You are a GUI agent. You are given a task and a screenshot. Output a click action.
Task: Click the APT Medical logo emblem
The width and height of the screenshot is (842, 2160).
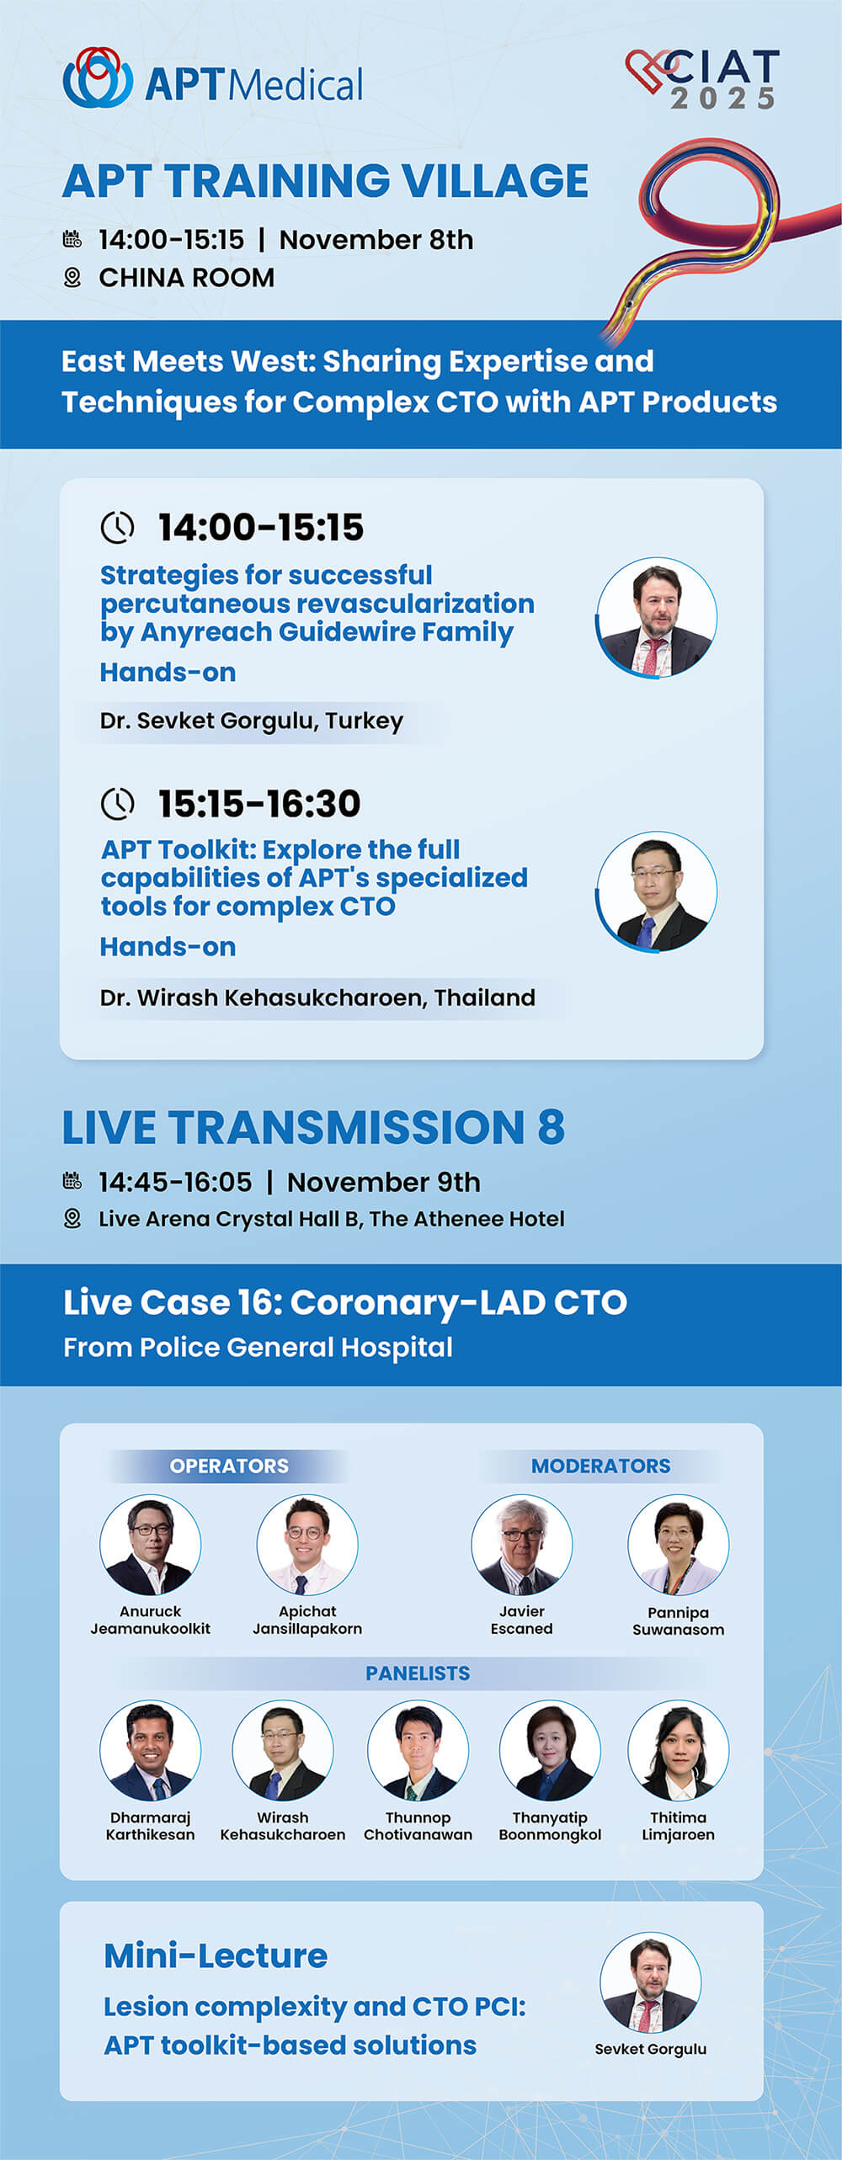pyautogui.click(x=98, y=77)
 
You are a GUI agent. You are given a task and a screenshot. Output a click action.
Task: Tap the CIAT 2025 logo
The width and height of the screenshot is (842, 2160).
pyautogui.click(x=703, y=79)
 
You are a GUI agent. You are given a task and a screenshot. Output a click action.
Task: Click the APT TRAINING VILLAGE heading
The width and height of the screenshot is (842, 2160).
pyautogui.click(x=325, y=181)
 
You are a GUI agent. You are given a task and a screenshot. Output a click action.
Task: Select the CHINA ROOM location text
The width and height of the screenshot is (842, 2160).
pyautogui.click(x=186, y=278)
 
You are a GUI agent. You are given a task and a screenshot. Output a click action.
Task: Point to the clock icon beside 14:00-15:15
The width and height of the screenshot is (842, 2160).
pyautogui.click(x=117, y=528)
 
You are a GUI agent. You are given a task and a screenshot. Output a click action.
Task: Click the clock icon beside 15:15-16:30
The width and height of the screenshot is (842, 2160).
pyautogui.click(x=117, y=804)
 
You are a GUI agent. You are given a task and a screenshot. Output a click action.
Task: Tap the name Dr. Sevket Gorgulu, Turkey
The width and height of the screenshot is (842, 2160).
pyautogui.click(x=251, y=721)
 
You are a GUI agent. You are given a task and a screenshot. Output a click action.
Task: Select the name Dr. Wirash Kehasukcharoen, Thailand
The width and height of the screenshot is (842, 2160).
pyautogui.click(x=317, y=998)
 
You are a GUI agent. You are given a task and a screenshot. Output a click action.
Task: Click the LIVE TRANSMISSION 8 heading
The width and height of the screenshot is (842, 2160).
pyautogui.click(x=313, y=1127)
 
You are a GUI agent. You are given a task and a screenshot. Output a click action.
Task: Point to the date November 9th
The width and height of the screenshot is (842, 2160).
pyautogui.click(x=383, y=1183)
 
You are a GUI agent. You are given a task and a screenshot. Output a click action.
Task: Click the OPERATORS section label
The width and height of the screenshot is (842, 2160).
pyautogui.click(x=229, y=1466)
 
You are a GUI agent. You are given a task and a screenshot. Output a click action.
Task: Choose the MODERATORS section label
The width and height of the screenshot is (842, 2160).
pyautogui.click(x=600, y=1466)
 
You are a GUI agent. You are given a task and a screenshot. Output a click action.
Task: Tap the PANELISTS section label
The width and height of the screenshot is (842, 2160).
pyautogui.click(x=418, y=1673)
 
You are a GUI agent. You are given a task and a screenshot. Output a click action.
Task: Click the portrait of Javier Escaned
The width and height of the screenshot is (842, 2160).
pyautogui.click(x=522, y=1545)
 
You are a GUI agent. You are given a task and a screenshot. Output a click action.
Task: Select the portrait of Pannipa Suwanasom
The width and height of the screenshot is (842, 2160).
pyautogui.click(x=679, y=1545)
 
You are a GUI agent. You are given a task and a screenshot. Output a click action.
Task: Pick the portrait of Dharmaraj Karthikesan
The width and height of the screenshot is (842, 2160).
pyautogui.click(x=151, y=1750)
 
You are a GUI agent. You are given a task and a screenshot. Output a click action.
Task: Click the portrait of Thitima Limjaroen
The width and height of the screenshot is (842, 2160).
pyautogui.click(x=679, y=1750)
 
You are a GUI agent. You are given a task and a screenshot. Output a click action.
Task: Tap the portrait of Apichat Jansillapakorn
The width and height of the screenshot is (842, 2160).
pyautogui.click(x=307, y=1545)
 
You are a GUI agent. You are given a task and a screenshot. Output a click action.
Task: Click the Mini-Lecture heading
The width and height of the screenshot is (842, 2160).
pyautogui.click(x=216, y=1955)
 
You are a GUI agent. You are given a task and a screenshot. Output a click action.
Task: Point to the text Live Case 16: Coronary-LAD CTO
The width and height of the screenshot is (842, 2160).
pyautogui.click(x=345, y=1302)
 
